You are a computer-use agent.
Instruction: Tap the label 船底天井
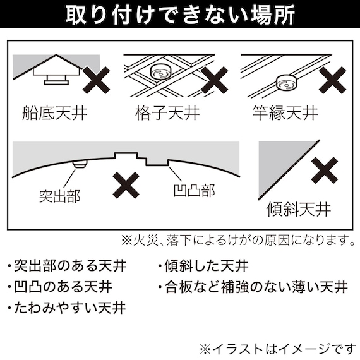pyautogui.click(x=54, y=114)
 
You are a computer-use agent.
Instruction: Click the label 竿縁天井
pyautogui.click(x=284, y=114)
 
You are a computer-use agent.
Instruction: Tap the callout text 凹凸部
pyautogui.click(x=193, y=189)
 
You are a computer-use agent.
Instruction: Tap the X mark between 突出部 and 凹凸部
pyautogui.click(x=126, y=184)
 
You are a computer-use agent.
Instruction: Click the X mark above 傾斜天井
pyautogui.click(x=327, y=171)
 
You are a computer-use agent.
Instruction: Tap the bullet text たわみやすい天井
pyautogui.click(x=66, y=308)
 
